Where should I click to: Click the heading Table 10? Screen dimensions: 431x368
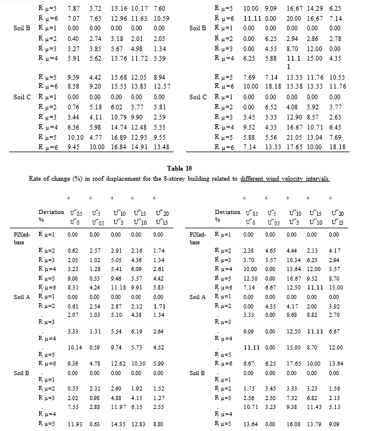[184, 168]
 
